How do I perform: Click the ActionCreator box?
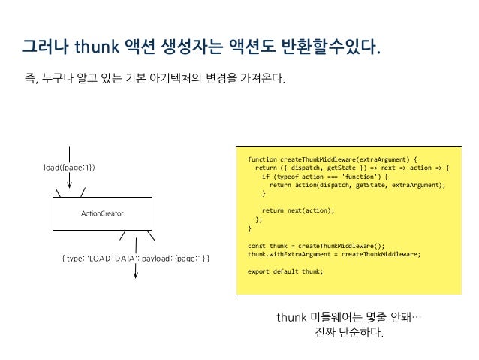[x=102, y=214]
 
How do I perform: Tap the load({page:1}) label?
[x=70, y=167]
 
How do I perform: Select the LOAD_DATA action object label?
[x=135, y=259]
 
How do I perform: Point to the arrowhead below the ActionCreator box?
[x=136, y=274]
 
